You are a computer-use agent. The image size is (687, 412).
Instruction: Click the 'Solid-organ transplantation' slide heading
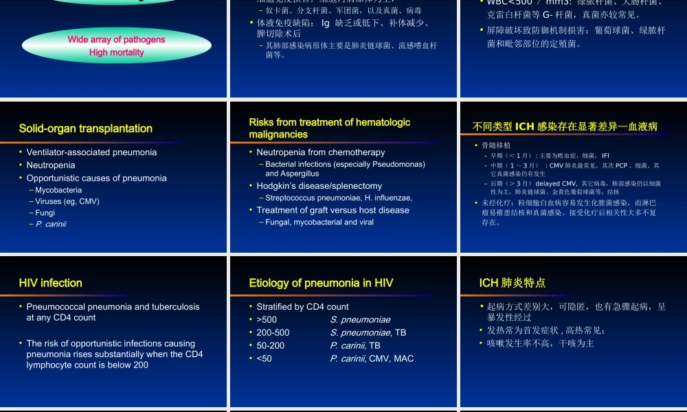pos(86,128)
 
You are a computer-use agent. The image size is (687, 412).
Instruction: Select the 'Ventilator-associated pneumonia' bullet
pos(91,152)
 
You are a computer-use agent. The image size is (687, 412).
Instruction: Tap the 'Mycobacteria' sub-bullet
pos(58,190)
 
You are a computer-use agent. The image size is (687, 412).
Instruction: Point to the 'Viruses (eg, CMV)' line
pos(67,201)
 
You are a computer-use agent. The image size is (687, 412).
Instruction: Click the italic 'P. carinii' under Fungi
pos(51,224)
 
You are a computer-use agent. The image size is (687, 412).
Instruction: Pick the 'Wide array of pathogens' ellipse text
pos(116,40)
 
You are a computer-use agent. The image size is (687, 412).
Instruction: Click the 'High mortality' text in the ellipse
pos(116,52)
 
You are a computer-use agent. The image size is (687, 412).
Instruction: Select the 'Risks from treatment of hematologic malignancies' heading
pos(329,128)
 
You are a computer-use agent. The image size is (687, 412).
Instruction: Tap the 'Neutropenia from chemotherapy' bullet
pos(321,152)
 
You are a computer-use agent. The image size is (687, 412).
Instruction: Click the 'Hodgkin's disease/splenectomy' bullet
pos(319,186)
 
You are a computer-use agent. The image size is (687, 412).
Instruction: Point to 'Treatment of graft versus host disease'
pos(333,210)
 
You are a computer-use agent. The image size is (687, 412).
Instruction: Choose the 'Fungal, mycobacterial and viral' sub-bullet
pos(319,222)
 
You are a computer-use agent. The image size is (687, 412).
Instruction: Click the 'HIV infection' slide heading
pos(51,283)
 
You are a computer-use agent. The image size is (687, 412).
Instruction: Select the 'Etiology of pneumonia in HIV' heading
pos(321,283)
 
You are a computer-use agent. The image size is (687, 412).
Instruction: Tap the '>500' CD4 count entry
pos(267,319)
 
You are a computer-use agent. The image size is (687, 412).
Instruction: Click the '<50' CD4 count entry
pos(264,358)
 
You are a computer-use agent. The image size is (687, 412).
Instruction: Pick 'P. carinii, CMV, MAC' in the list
pos(372,358)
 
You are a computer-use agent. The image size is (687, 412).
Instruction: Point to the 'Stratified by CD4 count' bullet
pos(302,307)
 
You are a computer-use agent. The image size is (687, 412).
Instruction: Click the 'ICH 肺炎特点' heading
pos(513,283)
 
